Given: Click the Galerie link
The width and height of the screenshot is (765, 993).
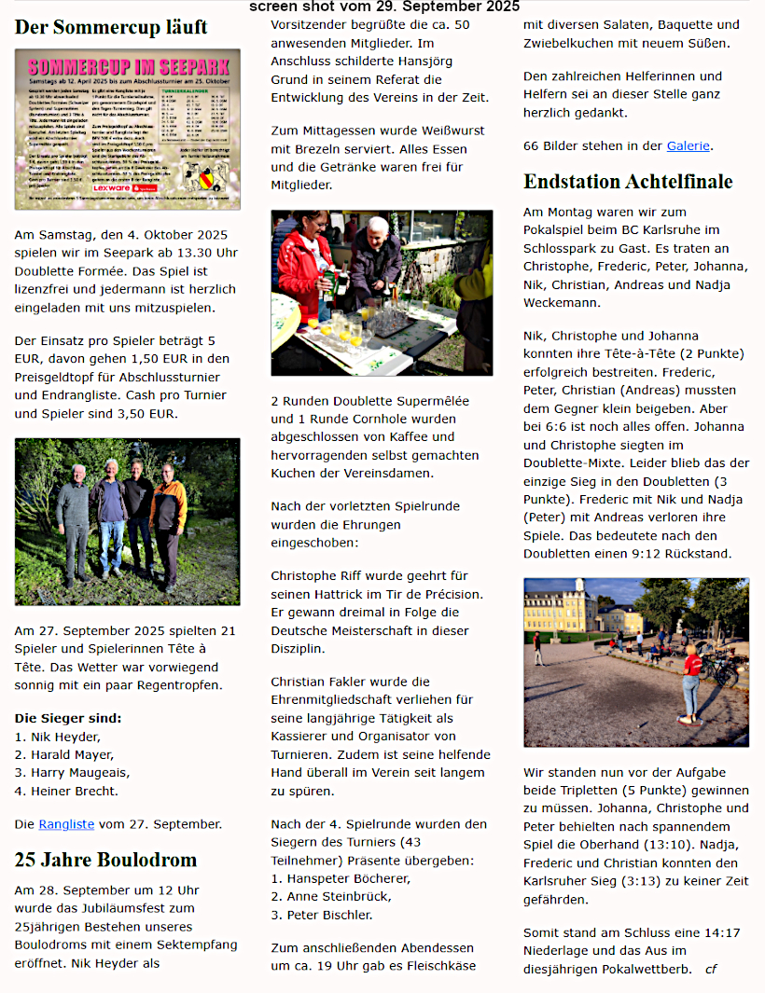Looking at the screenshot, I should point(688,145).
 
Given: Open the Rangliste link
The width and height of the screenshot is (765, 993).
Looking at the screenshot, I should point(66,824).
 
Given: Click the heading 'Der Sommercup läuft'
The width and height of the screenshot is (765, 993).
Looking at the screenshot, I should point(111,27).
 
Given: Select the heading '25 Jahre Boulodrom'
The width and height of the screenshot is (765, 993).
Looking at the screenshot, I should point(105,860).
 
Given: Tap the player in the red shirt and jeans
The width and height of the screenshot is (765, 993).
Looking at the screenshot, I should point(691,681).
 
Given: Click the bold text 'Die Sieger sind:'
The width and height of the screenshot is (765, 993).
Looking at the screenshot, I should point(68,718).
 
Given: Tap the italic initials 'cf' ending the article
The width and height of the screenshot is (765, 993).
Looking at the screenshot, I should point(711,969).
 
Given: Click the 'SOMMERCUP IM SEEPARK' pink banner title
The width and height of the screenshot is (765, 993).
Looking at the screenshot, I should point(127,67).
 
